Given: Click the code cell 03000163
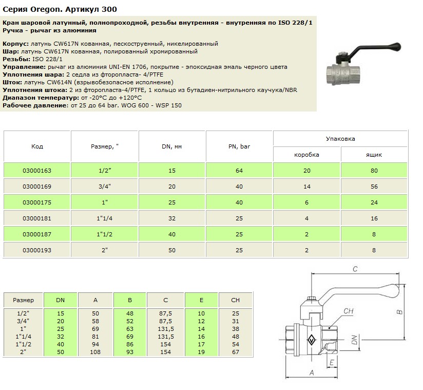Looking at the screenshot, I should click(37, 170).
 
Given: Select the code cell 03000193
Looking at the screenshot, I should click(37, 250).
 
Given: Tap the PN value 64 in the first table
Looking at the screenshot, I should click(239, 170).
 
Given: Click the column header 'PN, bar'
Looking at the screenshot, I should click(239, 146).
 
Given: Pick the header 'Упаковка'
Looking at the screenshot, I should click(340, 139).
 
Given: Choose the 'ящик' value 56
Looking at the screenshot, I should click(374, 187).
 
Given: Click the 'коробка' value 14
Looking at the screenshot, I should click(307, 187).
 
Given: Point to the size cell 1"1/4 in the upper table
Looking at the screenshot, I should click(104, 218).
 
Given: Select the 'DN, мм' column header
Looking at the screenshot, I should click(171, 146).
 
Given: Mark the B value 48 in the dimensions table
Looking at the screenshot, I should click(130, 313).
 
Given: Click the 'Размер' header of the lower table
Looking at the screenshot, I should click(24, 300).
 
